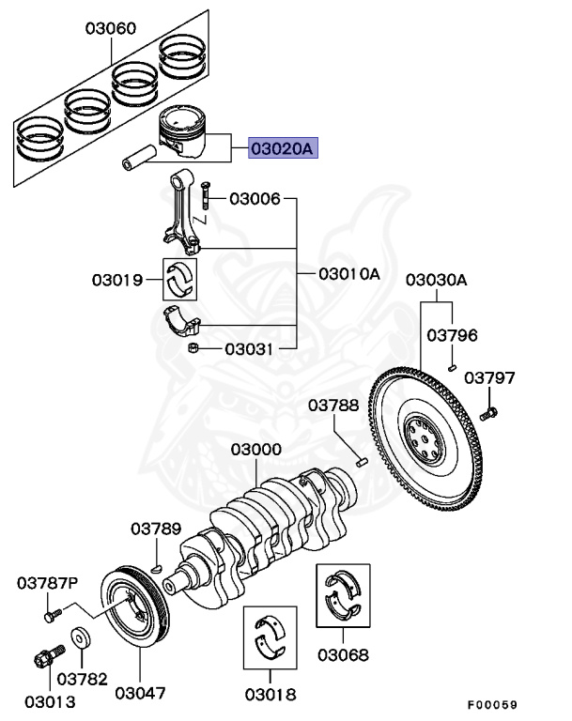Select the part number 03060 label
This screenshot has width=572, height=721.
(x=111, y=28)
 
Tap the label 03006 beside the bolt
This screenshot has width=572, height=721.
(x=255, y=199)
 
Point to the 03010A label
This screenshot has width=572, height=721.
(x=348, y=274)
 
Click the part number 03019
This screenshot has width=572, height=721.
(x=117, y=279)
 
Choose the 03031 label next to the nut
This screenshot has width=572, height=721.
(x=248, y=349)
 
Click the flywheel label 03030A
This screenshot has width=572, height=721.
(x=436, y=281)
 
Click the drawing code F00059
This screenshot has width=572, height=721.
(x=491, y=704)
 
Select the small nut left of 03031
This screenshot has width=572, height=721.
(x=193, y=349)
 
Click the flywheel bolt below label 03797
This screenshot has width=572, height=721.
(x=487, y=412)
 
